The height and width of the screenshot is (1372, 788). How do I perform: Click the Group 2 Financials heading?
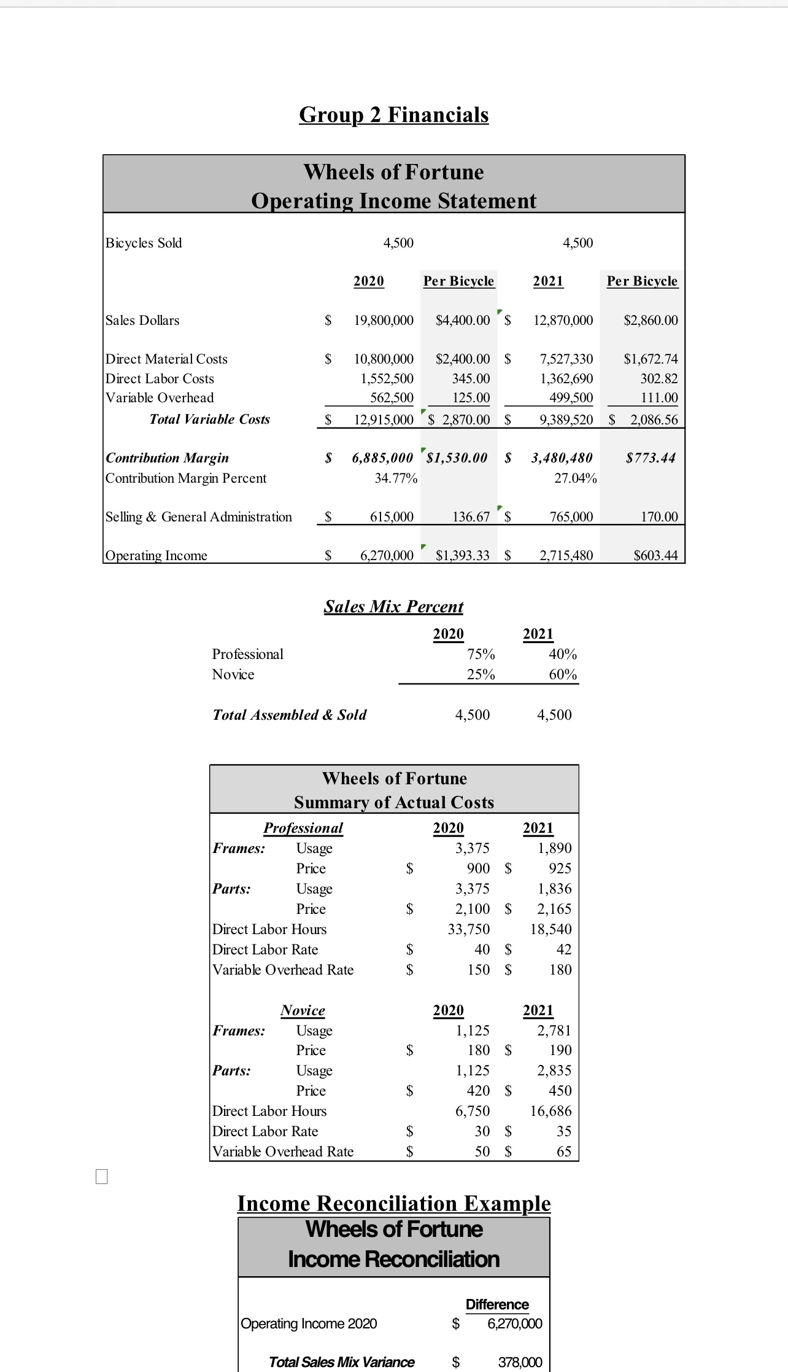point(393,115)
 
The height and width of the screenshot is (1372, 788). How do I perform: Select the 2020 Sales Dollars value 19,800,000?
point(384,320)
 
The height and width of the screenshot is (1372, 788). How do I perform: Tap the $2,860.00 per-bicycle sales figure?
point(651,320)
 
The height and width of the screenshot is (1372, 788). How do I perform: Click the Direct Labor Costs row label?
point(160,378)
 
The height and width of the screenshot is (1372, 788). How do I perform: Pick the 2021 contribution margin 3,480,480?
point(562,458)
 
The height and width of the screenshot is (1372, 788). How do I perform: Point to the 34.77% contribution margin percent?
point(396,478)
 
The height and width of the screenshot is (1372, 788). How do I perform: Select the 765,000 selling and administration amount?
point(571,516)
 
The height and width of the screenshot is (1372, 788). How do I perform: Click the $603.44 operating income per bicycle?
point(655,555)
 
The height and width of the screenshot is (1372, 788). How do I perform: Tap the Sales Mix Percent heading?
point(393,606)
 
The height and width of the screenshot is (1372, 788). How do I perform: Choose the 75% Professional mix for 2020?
point(481,654)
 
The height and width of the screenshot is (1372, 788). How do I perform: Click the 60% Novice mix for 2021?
point(562,674)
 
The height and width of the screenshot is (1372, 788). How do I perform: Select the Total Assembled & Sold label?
point(289,715)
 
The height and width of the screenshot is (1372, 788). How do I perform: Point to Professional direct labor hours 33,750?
point(468,929)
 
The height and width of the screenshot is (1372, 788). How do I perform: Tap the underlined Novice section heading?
point(303,1010)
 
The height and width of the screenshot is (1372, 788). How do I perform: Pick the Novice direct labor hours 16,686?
point(550,1111)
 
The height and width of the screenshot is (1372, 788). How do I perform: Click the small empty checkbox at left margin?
point(102,1177)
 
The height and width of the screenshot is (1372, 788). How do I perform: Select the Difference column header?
point(496,1304)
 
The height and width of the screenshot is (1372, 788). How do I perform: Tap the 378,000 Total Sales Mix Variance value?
point(519,1362)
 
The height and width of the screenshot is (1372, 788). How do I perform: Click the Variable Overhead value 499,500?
point(571,398)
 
